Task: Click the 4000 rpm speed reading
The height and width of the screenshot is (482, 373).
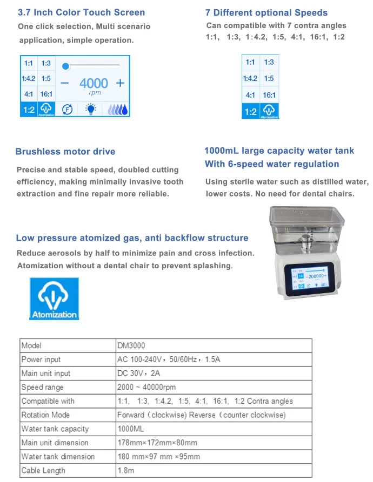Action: pyautogui.click(x=94, y=84)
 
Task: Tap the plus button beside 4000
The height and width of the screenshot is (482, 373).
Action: pyautogui.click(x=120, y=83)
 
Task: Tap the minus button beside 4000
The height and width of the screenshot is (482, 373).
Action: pyautogui.click(x=65, y=83)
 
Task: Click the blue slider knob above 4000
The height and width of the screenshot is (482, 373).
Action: pyautogui.click(x=65, y=66)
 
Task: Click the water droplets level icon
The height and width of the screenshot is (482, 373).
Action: pyautogui.click(x=117, y=109)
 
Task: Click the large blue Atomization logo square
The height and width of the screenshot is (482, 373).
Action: pyautogui.click(x=54, y=298)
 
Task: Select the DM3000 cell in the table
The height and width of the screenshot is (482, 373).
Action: pyautogui.click(x=131, y=345)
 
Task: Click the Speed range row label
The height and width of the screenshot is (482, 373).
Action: pyautogui.click(x=42, y=387)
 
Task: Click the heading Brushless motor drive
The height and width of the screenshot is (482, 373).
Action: pyautogui.click(x=65, y=152)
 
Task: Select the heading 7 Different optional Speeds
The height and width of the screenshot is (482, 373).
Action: pyautogui.click(x=267, y=12)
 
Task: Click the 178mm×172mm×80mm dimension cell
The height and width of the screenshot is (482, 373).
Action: pyautogui.click(x=157, y=443)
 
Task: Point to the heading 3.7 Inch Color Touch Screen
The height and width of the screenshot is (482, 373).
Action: pyautogui.click(x=81, y=12)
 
